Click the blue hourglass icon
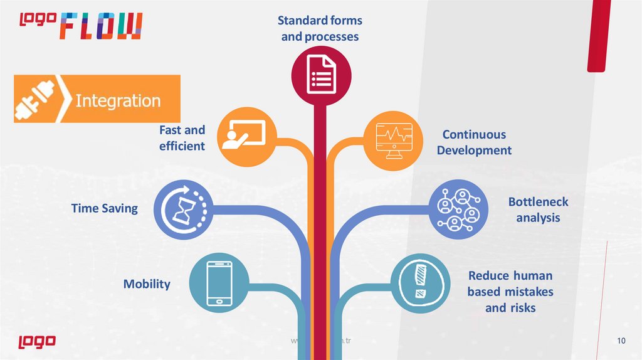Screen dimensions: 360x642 [x=183, y=210]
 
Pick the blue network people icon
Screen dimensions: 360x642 [x=458, y=210]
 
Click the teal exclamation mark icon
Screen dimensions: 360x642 [x=420, y=283]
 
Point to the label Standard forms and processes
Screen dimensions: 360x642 [x=320, y=29]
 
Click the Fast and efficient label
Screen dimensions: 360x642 [x=182, y=138]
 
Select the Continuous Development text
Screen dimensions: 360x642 [x=474, y=142]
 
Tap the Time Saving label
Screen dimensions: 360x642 [x=104, y=208]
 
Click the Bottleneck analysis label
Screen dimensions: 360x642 [x=538, y=210]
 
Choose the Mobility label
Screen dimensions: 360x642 [x=147, y=284]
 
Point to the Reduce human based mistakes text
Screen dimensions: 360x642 [x=510, y=292]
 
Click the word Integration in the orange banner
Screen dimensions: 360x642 [x=118, y=100]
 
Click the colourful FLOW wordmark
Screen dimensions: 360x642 [x=102, y=26]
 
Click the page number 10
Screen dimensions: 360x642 [x=621, y=341]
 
